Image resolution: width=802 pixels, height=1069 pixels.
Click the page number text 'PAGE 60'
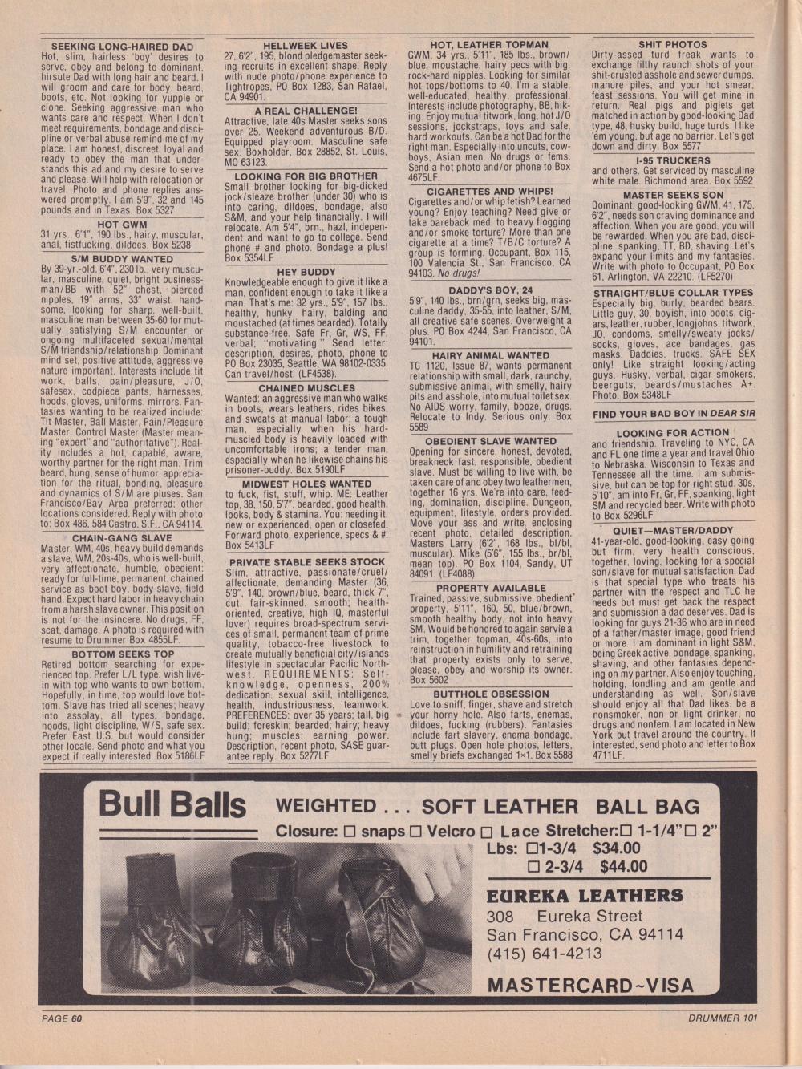click(x=63, y=1018)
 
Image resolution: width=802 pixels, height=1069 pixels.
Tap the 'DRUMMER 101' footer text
click(x=722, y=1018)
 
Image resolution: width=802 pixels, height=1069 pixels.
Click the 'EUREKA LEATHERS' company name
click(x=585, y=895)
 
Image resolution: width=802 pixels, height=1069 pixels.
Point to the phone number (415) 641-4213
click(x=544, y=953)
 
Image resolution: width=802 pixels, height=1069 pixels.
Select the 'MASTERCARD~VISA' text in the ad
click(x=590, y=985)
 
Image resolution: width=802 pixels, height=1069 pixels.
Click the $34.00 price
click(x=616, y=848)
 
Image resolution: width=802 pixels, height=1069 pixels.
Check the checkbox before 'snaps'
click(x=350, y=832)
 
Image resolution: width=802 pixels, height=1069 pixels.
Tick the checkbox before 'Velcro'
click(x=416, y=832)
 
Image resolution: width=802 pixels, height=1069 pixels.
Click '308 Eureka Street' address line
click(x=564, y=916)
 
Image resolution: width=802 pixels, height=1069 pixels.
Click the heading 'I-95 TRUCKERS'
click(x=672, y=160)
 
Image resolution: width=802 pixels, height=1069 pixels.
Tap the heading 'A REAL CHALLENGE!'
click(x=306, y=111)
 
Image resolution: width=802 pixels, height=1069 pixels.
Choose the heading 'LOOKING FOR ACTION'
click(x=672, y=432)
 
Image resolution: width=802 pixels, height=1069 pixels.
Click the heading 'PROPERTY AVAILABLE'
click(x=490, y=588)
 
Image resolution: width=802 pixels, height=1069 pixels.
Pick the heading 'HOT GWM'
click(x=121, y=225)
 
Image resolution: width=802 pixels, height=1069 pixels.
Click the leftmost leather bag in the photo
click(x=144, y=922)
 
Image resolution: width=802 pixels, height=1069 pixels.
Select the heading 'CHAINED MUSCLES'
click(x=306, y=388)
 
